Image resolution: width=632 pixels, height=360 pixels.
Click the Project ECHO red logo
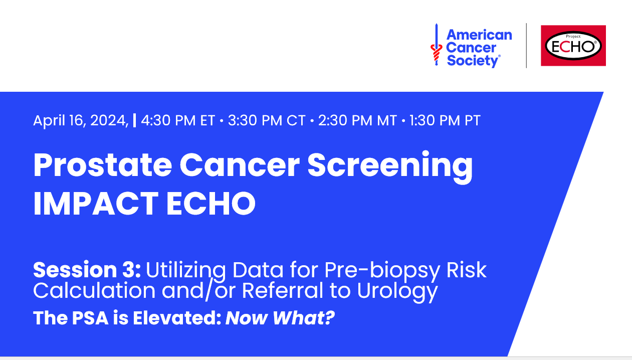573,46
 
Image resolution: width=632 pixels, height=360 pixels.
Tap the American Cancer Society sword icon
436,48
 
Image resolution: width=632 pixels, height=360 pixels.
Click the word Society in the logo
473,61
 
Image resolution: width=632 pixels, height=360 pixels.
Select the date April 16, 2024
81,121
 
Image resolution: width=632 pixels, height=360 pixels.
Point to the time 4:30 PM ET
178,121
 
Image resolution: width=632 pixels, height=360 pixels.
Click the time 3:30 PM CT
266,121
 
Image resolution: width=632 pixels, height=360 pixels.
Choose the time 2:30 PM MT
357,121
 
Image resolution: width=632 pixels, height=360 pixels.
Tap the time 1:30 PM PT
444,121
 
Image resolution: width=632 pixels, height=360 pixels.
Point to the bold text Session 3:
87,270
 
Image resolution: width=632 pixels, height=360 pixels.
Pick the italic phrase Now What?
280,318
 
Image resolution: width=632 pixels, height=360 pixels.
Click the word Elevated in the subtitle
176,318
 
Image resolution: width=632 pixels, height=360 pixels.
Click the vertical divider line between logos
526,46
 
